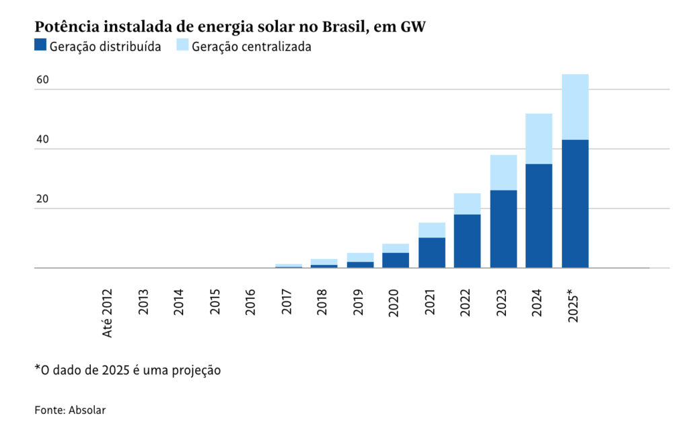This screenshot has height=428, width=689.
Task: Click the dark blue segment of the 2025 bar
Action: [575, 203]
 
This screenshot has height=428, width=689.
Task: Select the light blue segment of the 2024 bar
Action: [539, 139]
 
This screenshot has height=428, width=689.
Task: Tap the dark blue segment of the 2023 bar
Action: [503, 229]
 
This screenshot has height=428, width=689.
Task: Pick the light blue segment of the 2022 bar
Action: [467, 204]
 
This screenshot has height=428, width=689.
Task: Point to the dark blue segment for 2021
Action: [431, 252]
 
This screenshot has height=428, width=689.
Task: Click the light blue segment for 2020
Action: [396, 248]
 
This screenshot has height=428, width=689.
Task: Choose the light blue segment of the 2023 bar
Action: [503, 172]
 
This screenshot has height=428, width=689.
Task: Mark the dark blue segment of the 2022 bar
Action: [467, 241]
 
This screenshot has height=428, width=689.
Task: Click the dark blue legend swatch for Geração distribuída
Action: [40, 46]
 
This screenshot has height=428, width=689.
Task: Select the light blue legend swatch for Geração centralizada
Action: [182, 46]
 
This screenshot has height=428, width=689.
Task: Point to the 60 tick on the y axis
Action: [42, 80]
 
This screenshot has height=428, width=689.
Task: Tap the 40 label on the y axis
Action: [42, 140]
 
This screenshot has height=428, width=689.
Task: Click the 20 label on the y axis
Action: [42, 199]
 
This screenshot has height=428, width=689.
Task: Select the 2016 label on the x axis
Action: [251, 302]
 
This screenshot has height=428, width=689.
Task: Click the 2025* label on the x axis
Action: [574, 306]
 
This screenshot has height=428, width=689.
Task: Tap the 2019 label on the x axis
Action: [359, 302]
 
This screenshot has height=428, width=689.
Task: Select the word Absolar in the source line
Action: [87, 409]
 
